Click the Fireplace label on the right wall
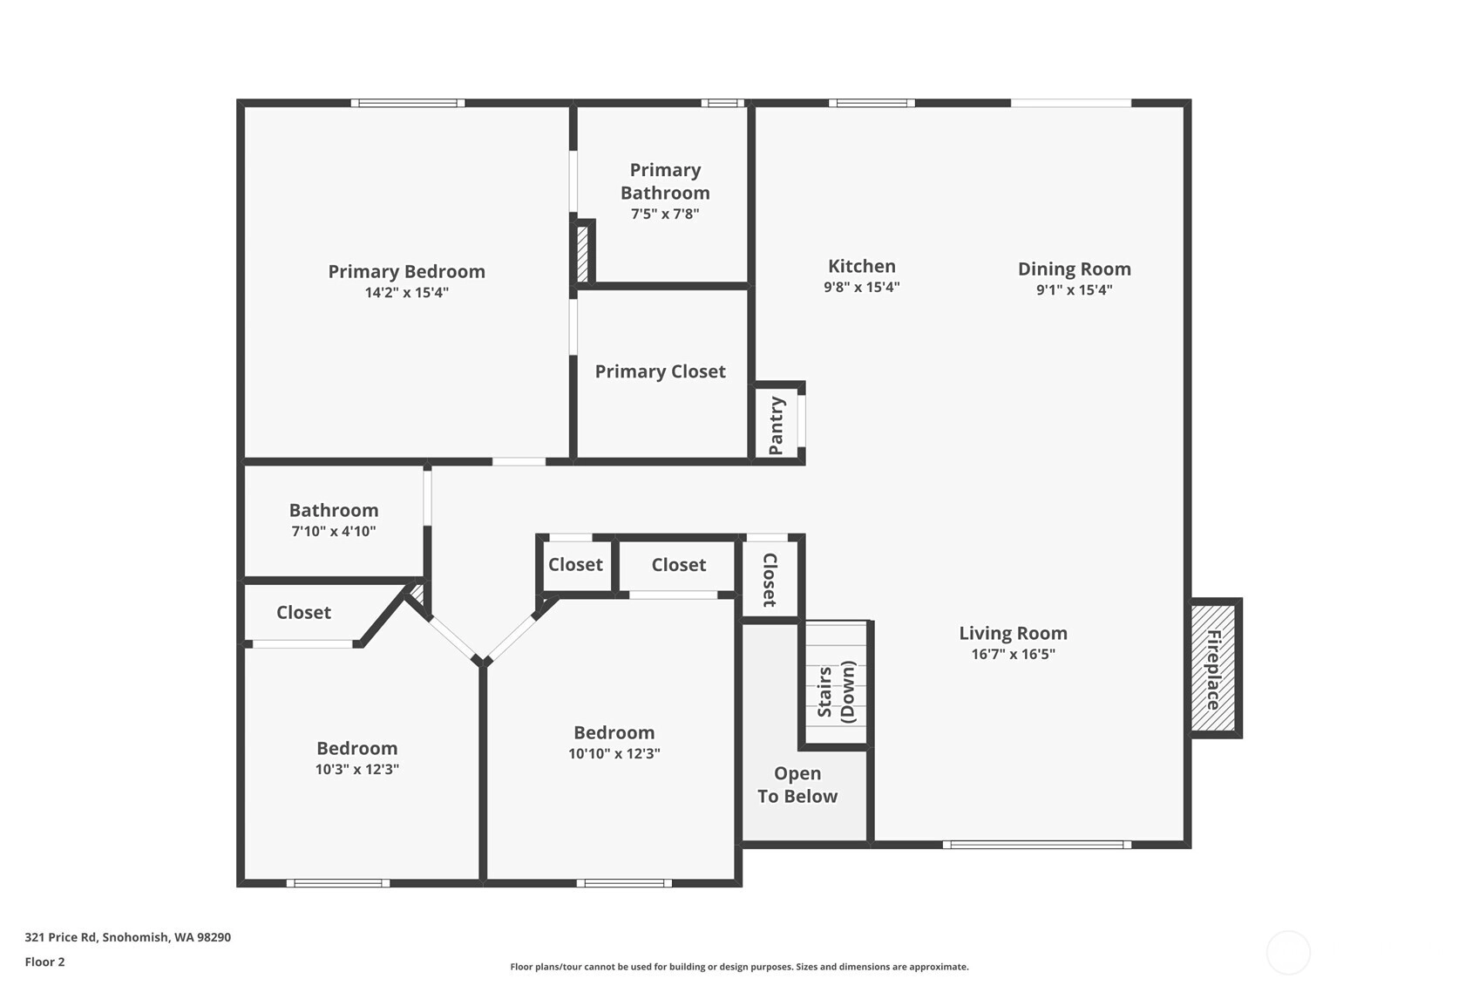(x=1213, y=670)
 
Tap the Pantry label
(x=777, y=426)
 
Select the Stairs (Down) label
(x=836, y=691)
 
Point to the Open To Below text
(x=797, y=785)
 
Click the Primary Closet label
(x=661, y=371)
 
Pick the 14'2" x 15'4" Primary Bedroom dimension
(x=407, y=292)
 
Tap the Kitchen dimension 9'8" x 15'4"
(x=862, y=287)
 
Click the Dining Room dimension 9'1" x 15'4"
(x=1075, y=289)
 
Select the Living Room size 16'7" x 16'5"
(x=1014, y=654)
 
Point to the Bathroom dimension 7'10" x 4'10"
(x=334, y=531)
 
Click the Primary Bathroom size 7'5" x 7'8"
(x=665, y=214)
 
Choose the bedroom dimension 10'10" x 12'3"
(x=614, y=753)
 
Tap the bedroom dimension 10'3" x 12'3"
(x=357, y=769)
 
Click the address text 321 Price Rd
(x=61, y=937)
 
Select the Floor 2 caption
(x=45, y=962)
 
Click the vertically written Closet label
(x=770, y=580)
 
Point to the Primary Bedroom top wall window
(x=407, y=103)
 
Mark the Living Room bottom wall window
(x=1036, y=845)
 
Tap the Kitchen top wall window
(x=872, y=103)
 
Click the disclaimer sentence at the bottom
(x=739, y=967)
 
